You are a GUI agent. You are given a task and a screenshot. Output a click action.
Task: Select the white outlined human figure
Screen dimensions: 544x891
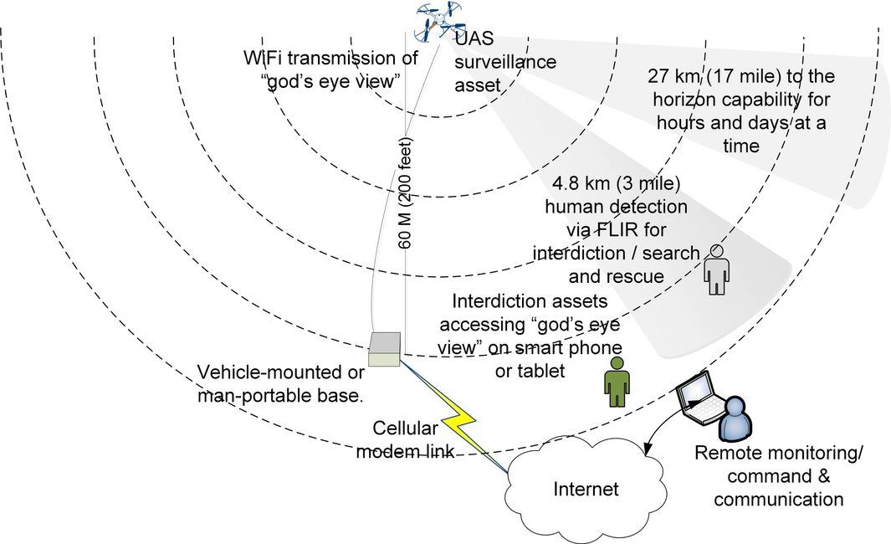[715, 269]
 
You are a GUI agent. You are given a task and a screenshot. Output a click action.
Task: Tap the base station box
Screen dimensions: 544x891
[385, 350]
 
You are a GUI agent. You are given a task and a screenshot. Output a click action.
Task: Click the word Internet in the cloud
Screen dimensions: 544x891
[586, 490]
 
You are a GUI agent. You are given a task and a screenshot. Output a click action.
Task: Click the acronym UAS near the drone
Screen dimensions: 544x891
[474, 38]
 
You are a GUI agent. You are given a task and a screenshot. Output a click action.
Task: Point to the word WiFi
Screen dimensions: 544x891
[260, 59]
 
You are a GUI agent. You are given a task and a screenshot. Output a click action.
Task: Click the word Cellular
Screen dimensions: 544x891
[406, 429]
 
